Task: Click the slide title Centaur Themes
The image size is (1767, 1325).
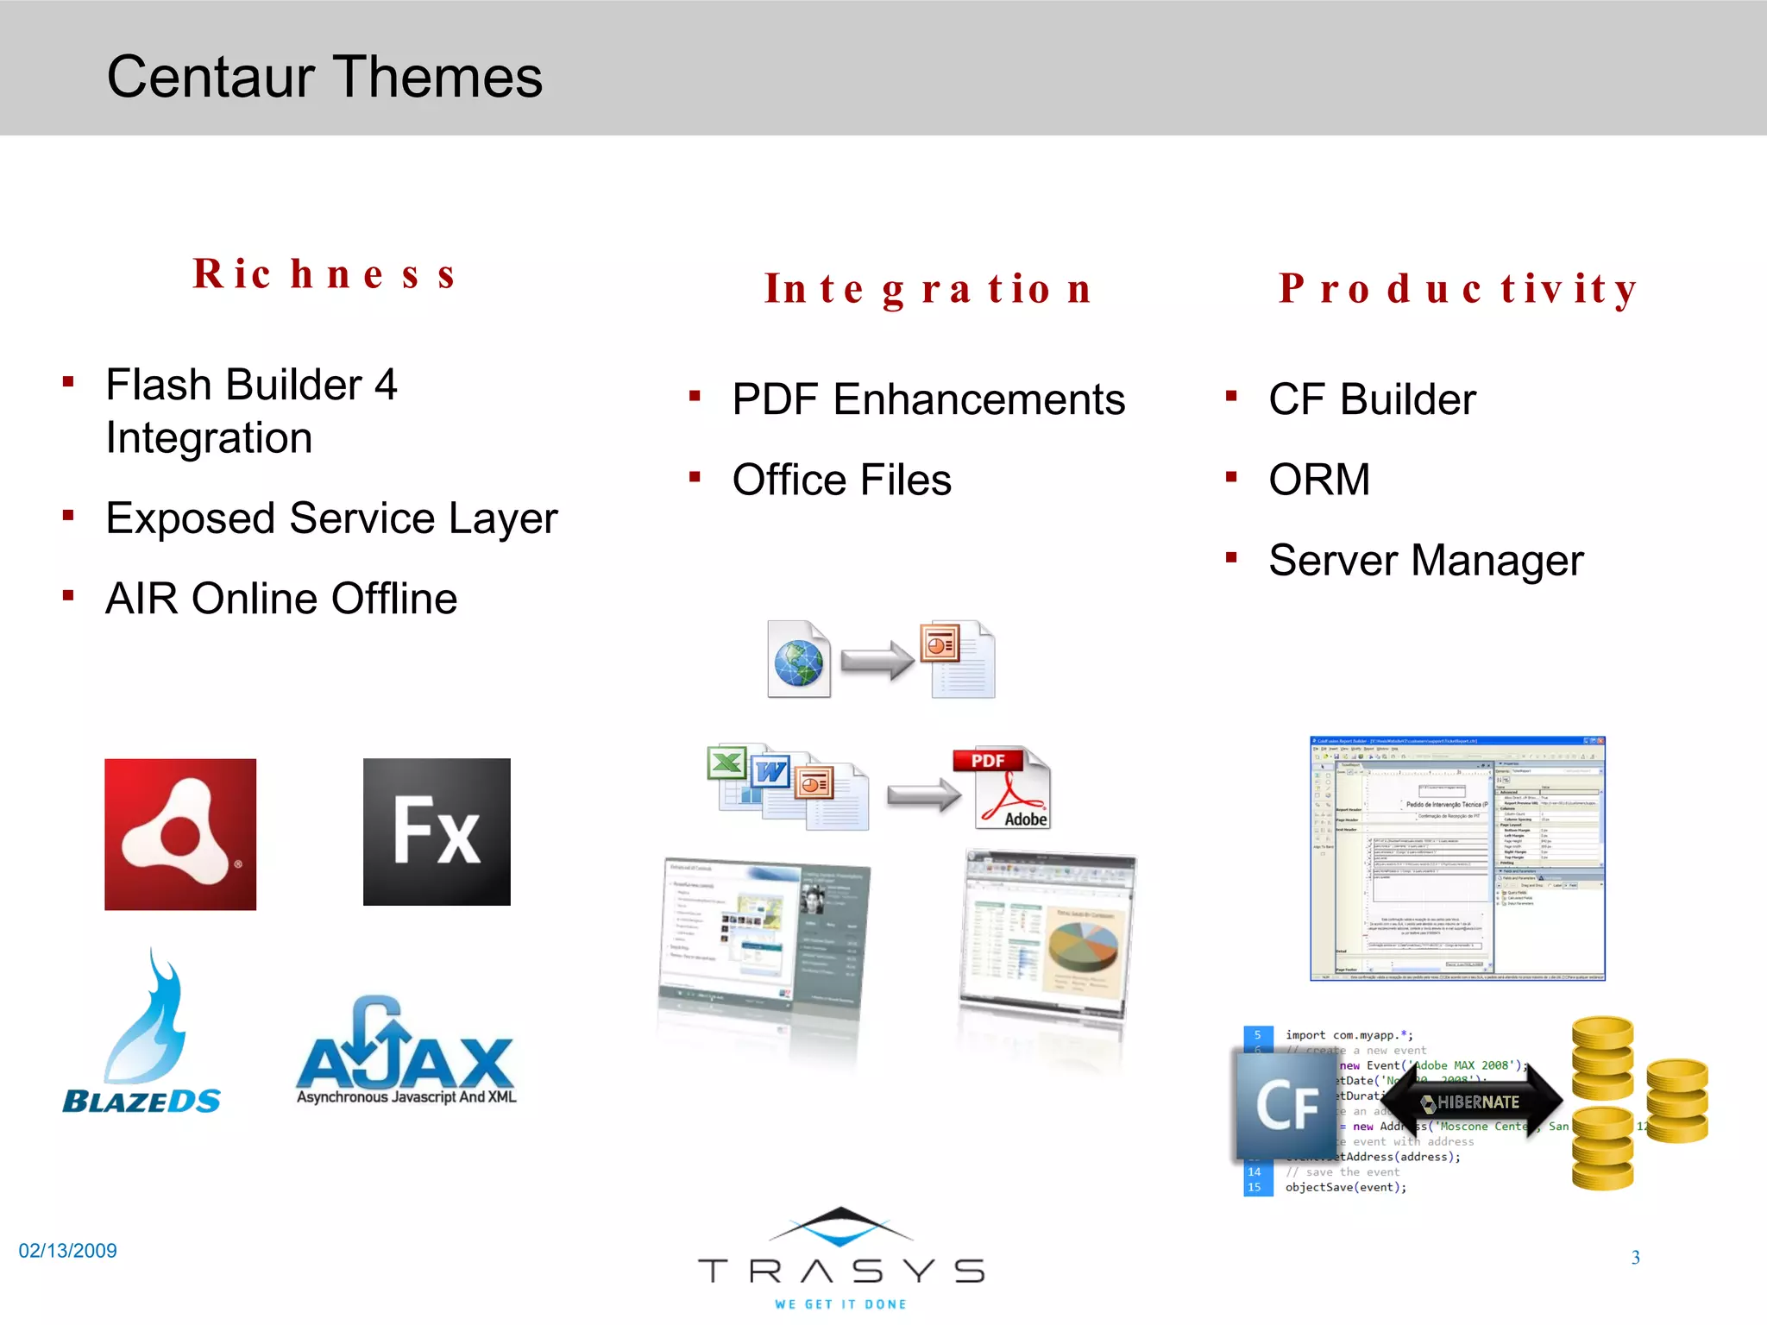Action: pos(324,78)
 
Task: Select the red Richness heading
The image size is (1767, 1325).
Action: pos(324,274)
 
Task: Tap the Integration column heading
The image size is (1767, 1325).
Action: pos(928,289)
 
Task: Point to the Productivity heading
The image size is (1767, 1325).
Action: pos(1458,289)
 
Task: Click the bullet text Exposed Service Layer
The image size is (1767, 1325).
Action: pos(331,518)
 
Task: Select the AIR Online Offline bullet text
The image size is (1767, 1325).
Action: pos(281,599)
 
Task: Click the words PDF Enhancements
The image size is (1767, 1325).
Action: pos(928,400)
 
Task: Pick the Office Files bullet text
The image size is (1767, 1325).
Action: pos(841,480)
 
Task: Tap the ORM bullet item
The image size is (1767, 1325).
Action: pos(1319,480)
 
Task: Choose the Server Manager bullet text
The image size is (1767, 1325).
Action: pos(1426,561)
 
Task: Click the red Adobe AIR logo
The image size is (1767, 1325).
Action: pos(180,834)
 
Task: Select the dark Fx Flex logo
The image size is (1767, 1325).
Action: pos(437,832)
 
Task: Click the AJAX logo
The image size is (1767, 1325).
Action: pos(406,1052)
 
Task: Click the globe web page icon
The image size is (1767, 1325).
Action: pos(799,660)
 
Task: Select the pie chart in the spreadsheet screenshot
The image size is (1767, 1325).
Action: pos(1083,945)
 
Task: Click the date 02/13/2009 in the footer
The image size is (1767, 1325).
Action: pos(68,1251)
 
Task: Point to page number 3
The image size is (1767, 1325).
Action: pos(1635,1258)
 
